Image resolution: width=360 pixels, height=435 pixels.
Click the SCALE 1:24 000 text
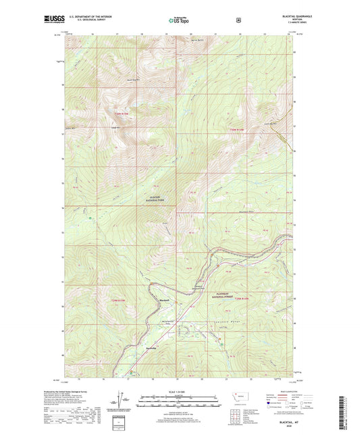tap(180, 391)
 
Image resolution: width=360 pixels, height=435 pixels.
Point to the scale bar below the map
tap(180, 399)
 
